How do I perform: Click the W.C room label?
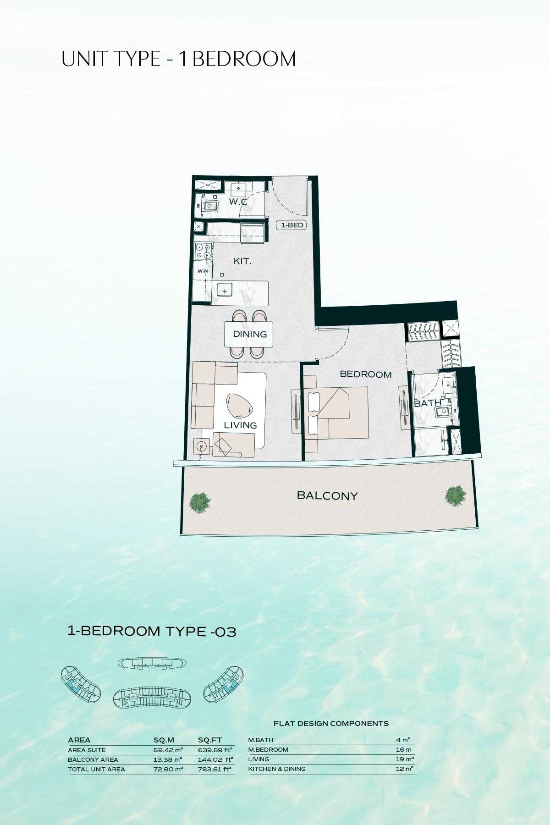point(238,202)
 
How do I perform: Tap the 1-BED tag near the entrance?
point(291,225)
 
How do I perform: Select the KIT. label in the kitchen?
point(242,261)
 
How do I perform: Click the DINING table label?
point(250,334)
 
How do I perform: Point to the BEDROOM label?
point(366,374)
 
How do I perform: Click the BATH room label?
point(427,403)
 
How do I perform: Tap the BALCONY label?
point(327,495)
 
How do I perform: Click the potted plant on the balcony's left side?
point(200,502)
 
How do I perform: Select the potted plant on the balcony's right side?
point(456,496)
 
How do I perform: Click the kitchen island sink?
point(225,291)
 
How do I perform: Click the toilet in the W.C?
point(209,206)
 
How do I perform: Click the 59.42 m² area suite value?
point(168,750)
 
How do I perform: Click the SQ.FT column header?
point(210,740)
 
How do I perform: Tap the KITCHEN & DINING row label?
point(277,769)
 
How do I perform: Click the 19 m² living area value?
point(405,759)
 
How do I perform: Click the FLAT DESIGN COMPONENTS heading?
point(331,723)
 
